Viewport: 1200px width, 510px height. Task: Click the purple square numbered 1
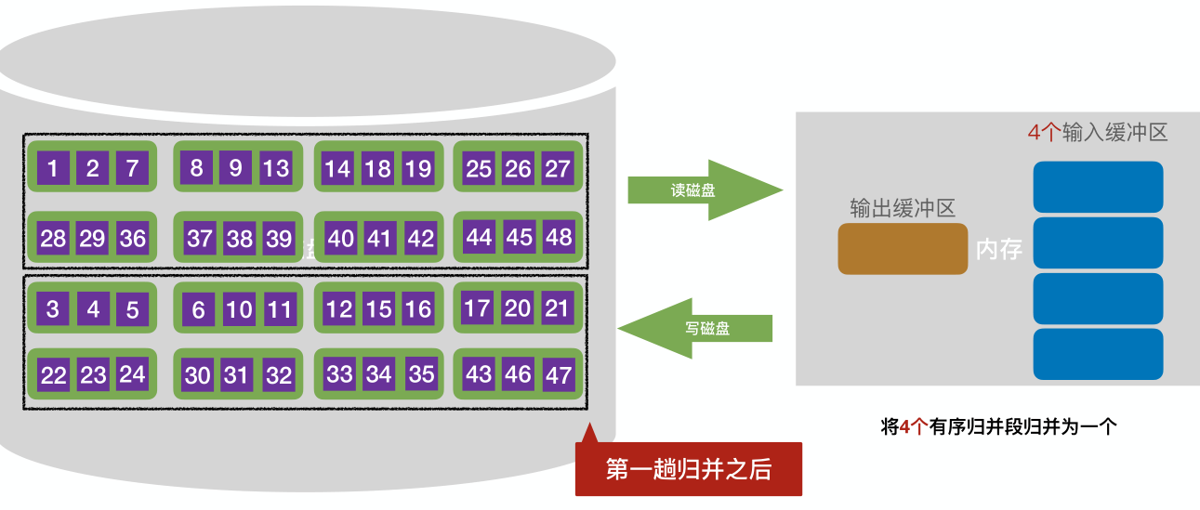point(53,168)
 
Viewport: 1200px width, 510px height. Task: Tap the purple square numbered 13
point(276,168)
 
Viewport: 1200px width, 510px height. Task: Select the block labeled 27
point(558,168)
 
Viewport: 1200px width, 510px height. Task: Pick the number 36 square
point(133,238)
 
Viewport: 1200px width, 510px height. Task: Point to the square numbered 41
point(379,239)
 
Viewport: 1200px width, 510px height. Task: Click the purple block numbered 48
point(559,237)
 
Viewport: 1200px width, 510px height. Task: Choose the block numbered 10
point(239,309)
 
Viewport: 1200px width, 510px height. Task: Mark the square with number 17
point(477,307)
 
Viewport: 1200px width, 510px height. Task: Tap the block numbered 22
point(53,375)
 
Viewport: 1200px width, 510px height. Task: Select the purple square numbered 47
point(559,374)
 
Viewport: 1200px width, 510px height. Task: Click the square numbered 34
point(379,374)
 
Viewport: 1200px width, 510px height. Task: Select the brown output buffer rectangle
point(903,249)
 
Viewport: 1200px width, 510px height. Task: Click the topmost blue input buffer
point(1098,187)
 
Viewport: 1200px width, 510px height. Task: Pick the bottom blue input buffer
point(1098,354)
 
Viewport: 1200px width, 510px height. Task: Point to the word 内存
point(998,249)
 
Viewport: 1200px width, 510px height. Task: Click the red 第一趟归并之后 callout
point(689,469)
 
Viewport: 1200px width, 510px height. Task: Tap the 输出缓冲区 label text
point(902,208)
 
